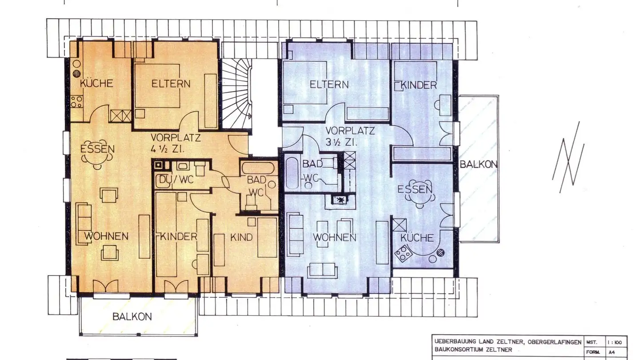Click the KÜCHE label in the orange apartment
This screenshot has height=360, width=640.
pos(96,84)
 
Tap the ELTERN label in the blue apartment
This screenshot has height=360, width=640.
pos(329,84)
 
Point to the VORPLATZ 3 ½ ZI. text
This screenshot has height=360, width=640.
pos(350,136)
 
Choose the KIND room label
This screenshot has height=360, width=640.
pos(241,237)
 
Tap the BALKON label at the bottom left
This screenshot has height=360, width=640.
pos(132,317)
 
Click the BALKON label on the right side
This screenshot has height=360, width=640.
pos(478,164)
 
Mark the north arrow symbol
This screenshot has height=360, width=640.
pos(568,157)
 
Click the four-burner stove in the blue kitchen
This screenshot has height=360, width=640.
pos(404,255)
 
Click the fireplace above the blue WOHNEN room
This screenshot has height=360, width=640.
pos(341,200)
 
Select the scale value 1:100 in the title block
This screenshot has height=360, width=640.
pos(616,343)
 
